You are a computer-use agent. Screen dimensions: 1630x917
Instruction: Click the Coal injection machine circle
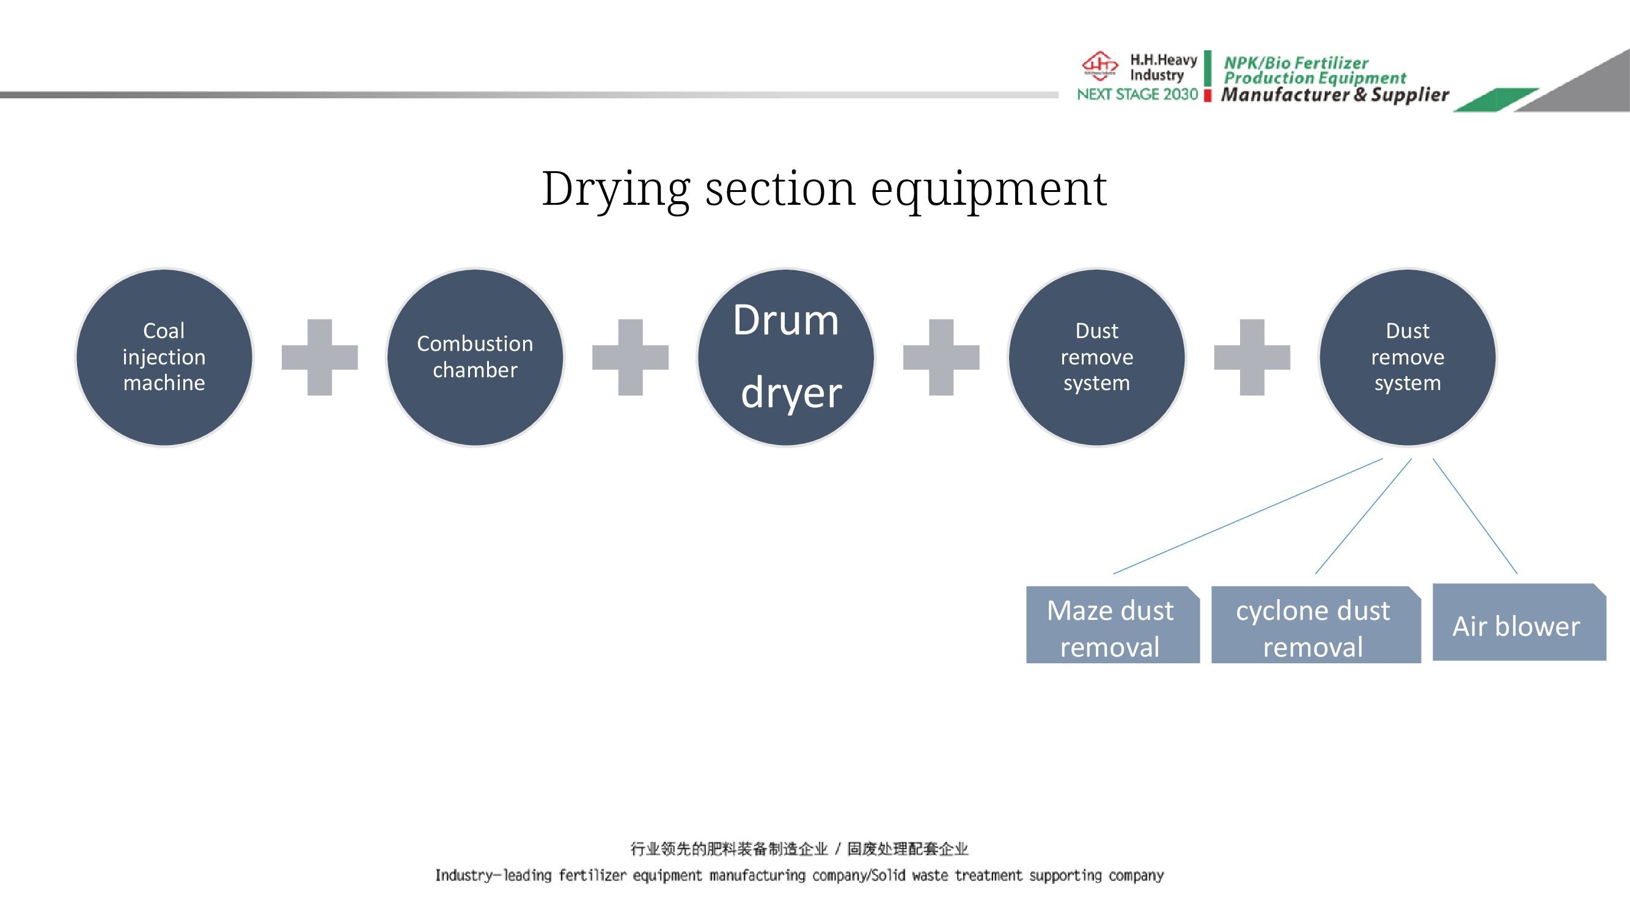point(164,357)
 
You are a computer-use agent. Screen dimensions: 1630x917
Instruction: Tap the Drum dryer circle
point(786,357)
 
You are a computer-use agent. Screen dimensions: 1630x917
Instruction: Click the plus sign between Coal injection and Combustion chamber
point(320,357)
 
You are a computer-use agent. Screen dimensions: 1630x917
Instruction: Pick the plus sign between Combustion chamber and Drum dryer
point(630,357)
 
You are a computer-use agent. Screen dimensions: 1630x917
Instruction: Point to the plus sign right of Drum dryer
point(941,357)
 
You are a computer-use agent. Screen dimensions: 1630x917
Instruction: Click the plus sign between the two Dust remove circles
point(1252,357)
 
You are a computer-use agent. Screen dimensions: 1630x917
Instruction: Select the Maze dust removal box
point(1112,625)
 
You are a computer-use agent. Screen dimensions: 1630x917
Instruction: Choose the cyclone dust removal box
point(1316,625)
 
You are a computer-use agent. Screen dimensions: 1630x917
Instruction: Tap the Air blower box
point(1519,622)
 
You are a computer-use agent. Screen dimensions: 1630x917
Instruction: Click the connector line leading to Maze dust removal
point(1248,516)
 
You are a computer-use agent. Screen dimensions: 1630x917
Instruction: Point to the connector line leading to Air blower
point(1475,516)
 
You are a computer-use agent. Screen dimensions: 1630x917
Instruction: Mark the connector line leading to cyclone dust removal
point(1364,516)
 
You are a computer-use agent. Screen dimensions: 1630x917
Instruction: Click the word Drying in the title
point(615,188)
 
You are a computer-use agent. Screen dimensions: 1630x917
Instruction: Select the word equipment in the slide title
point(989,188)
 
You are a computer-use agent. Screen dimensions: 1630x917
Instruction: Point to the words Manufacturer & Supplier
point(1335,95)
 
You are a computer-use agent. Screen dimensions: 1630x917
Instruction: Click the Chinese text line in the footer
point(799,849)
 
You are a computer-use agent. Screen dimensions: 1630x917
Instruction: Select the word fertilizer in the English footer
point(592,875)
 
